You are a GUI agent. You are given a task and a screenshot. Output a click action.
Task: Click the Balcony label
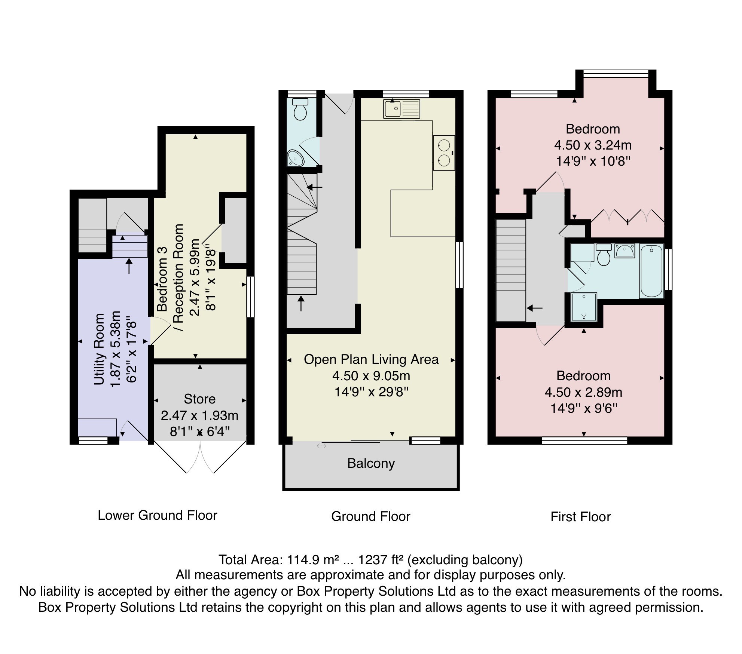[371, 463]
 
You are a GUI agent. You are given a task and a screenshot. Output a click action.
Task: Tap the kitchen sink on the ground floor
[401, 109]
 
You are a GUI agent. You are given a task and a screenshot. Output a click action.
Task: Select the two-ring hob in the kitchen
[444, 153]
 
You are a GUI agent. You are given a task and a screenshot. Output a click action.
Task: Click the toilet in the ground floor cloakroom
[300, 109]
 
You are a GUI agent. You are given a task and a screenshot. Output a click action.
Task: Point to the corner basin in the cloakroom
[296, 158]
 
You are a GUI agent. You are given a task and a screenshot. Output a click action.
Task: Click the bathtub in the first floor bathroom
[651, 271]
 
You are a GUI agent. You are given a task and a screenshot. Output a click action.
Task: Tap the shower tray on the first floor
[584, 307]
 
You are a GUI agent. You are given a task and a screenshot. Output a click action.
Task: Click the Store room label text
[199, 399]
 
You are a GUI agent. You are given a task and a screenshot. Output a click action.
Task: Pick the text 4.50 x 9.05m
[371, 376]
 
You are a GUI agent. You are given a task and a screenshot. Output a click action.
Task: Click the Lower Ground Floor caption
[157, 515]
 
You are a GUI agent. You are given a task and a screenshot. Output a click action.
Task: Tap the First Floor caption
[580, 517]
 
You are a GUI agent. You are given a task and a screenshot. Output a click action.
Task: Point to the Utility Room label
[99, 349]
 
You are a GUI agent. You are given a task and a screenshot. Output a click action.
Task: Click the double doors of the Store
[200, 458]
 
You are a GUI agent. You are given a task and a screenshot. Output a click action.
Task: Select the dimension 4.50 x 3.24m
[593, 145]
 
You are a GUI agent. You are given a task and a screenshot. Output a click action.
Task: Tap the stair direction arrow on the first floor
[535, 308]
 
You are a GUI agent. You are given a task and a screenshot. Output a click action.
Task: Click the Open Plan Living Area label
[371, 359]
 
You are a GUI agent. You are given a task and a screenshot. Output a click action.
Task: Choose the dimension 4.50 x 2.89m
[583, 392]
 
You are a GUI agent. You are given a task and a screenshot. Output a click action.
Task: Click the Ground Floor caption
[370, 516]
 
